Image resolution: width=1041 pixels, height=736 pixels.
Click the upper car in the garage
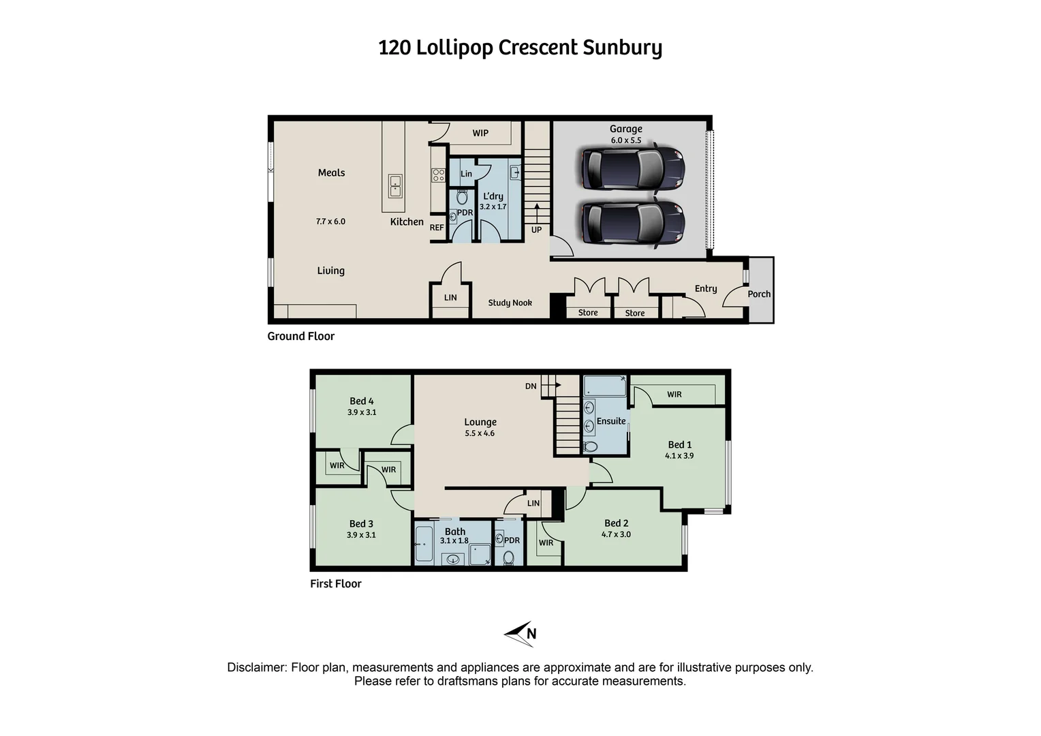pyautogui.click(x=632, y=168)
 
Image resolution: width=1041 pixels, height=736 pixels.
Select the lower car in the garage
pyautogui.click(x=632, y=224)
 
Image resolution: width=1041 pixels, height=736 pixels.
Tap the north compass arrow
pyautogui.click(x=519, y=634)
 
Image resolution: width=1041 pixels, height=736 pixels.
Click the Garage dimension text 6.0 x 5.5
pyautogui.click(x=625, y=140)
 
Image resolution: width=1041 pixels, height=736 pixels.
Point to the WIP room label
pyautogui.click(x=480, y=133)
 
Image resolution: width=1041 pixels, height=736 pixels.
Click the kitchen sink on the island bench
pyautogui.click(x=395, y=185)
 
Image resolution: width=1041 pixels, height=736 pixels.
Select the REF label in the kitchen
pyautogui.click(x=437, y=228)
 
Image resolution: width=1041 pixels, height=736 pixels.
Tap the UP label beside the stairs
pyautogui.click(x=536, y=230)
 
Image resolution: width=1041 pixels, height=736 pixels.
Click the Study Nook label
pyautogui.click(x=510, y=303)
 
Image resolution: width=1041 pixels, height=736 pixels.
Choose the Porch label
pyautogui.click(x=759, y=294)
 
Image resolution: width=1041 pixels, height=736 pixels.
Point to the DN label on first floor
pyautogui.click(x=531, y=386)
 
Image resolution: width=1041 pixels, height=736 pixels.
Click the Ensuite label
pyautogui.click(x=610, y=421)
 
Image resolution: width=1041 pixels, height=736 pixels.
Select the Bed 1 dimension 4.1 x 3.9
pyautogui.click(x=679, y=456)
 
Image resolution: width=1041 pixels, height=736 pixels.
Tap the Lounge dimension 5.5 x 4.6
pyautogui.click(x=480, y=433)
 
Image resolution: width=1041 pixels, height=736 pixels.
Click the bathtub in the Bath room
pyautogui.click(x=423, y=545)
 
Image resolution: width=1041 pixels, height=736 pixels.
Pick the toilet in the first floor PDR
pyautogui.click(x=508, y=558)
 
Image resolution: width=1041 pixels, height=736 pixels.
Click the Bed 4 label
pyautogui.click(x=361, y=401)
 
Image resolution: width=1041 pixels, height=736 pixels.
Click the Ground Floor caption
pyautogui.click(x=300, y=336)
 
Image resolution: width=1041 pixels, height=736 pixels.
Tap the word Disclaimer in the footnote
pyautogui.click(x=257, y=668)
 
